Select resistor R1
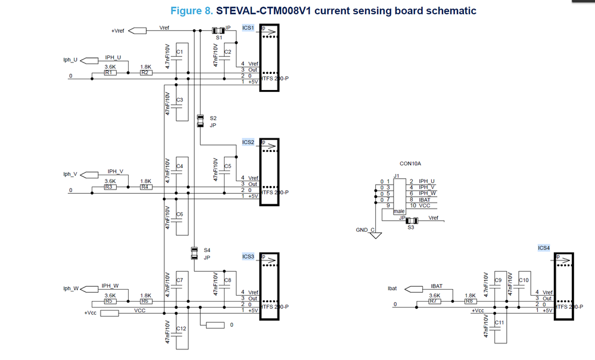tap(110, 73)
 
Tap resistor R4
tap(145, 187)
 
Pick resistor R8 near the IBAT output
tap(470, 302)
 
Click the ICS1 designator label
tap(248, 28)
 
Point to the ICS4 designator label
tap(544, 247)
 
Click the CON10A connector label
tap(411, 163)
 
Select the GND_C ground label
tap(365, 229)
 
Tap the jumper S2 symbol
tap(200, 121)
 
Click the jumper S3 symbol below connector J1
tap(409, 221)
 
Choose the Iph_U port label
tap(70, 60)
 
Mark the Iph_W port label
tap(70, 288)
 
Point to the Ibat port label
tap(392, 288)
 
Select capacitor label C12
tap(181, 329)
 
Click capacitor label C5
tap(228, 166)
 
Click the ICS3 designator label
tap(248, 256)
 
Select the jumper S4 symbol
tap(194, 253)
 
